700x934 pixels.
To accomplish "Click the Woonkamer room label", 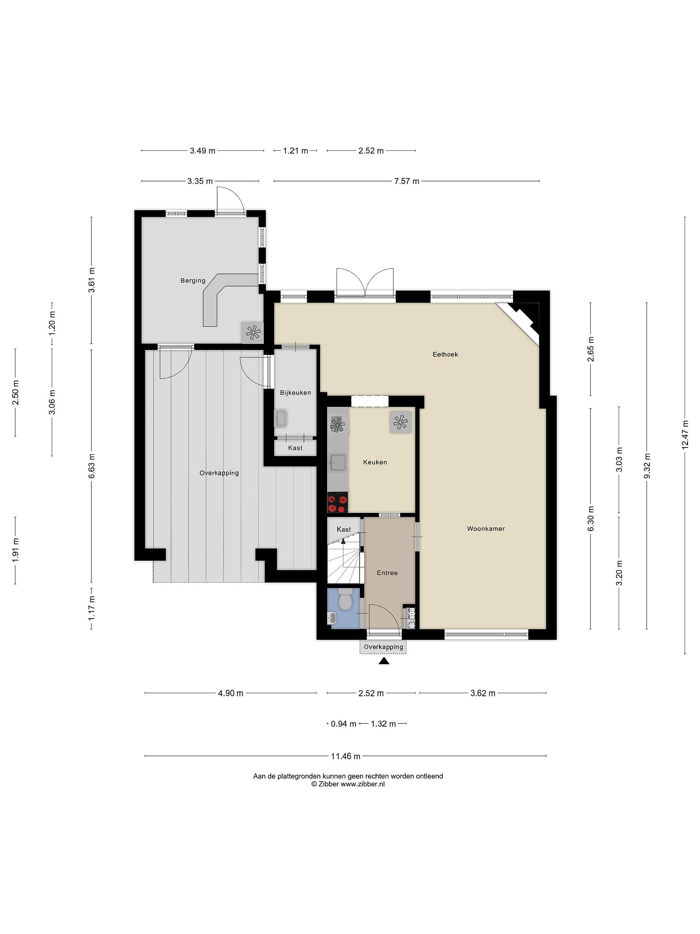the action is click(486, 528).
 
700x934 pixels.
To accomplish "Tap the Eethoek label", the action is click(445, 354).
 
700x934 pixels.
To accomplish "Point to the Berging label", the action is click(193, 281).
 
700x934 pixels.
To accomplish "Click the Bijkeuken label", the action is click(295, 392).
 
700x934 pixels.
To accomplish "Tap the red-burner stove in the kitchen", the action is click(338, 503).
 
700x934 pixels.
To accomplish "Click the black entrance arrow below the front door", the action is click(384, 661).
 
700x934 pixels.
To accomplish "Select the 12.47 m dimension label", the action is click(685, 435).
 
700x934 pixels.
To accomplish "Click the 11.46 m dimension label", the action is click(345, 756).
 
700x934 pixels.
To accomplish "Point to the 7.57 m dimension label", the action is click(407, 181).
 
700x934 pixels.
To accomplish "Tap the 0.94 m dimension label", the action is click(343, 724).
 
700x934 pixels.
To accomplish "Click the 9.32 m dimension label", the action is click(647, 466).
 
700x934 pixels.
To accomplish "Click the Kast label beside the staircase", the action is click(344, 529).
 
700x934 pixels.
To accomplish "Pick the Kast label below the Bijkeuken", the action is click(295, 448).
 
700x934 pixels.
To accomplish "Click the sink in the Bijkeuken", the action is click(281, 418).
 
